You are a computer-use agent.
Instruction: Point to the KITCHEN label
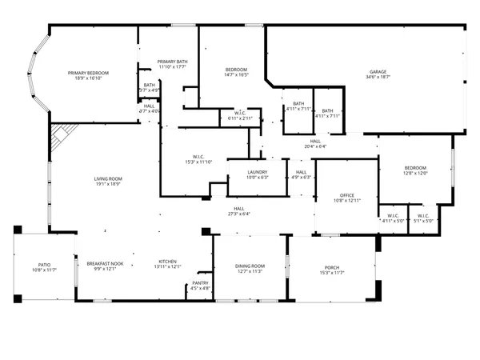tap(166, 262)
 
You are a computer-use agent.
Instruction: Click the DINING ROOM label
tap(250, 266)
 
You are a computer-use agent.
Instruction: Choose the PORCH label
tap(332, 268)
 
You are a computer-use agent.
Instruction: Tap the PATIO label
tap(45, 265)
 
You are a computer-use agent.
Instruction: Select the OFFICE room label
tap(346, 194)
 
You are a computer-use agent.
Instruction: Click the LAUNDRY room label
tap(257, 172)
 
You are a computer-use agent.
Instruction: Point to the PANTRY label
tap(200, 282)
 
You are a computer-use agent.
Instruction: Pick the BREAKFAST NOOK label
tap(105, 262)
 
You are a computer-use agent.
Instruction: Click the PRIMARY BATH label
tap(172, 62)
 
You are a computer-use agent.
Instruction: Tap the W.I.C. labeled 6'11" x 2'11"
tap(240, 115)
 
